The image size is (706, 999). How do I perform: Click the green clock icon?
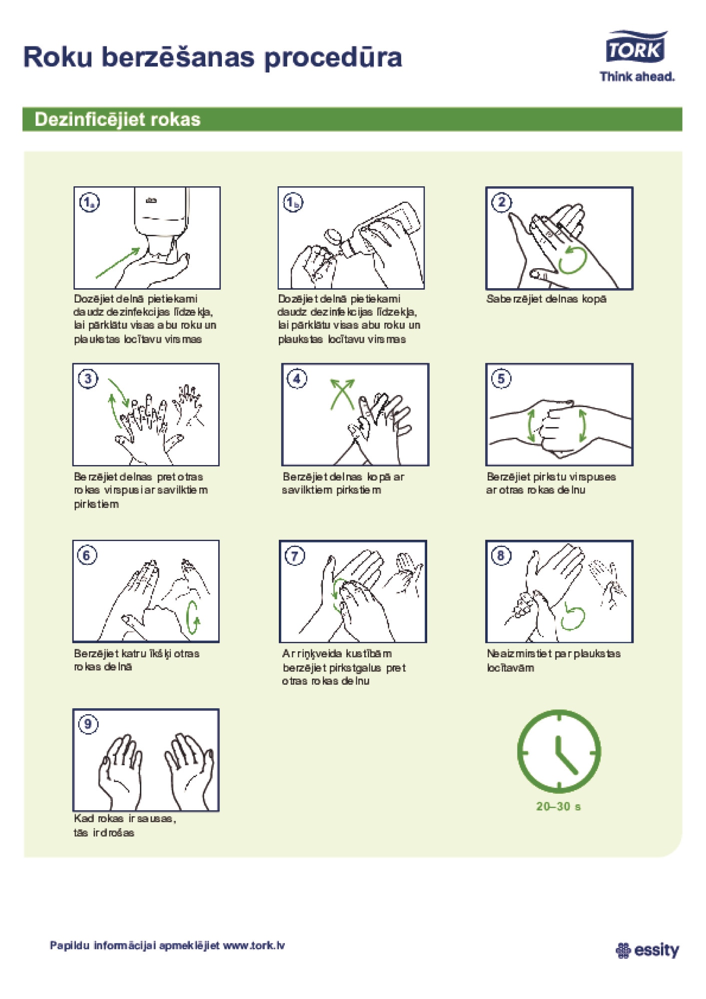[x=559, y=751]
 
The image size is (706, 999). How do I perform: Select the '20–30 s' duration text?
[x=559, y=806]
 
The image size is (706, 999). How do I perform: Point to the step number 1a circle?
[x=89, y=202]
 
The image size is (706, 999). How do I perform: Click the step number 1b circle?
[x=293, y=202]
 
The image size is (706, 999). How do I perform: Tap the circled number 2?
[x=502, y=202]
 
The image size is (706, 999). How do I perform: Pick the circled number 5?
[x=501, y=379]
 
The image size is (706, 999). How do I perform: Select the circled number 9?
[x=88, y=724]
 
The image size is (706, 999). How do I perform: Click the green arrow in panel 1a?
[x=118, y=263]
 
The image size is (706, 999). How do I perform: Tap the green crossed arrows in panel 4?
[x=342, y=394]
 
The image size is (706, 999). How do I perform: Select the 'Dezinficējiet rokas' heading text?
[x=117, y=119]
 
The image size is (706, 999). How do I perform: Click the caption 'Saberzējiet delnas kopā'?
[x=547, y=299]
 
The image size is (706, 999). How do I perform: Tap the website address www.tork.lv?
[x=254, y=945]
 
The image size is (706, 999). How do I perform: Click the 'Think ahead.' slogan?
[x=637, y=76]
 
